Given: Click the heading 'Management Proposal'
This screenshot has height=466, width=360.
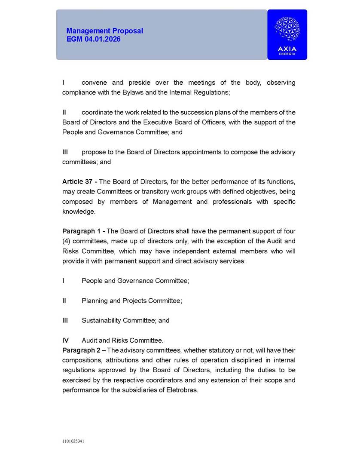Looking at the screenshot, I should pyautogui.click(x=104, y=31).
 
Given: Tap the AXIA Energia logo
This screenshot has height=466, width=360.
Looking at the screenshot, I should pyautogui.click(x=287, y=34).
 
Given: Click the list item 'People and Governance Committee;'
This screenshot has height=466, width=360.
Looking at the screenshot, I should pyautogui.click(x=135, y=281).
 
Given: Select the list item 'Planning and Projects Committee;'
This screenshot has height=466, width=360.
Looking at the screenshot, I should pyautogui.click(x=131, y=300).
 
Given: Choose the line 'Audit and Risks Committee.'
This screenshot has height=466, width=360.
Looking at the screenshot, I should pyautogui.click(x=122, y=340).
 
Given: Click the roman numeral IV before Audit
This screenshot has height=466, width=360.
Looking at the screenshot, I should pyautogui.click(x=66, y=340).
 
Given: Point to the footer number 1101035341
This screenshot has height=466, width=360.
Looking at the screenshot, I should pyautogui.click(x=73, y=441).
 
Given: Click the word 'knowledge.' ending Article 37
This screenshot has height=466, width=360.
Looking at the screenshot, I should pyautogui.click(x=79, y=212).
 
